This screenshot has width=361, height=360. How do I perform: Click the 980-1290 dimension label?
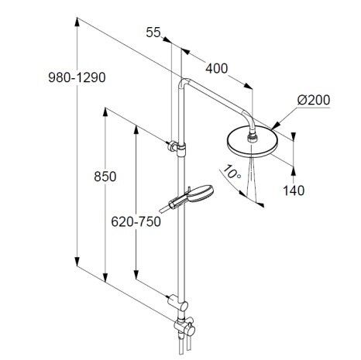pyautogui.click(x=77, y=77)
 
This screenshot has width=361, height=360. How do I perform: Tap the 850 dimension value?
pyautogui.click(x=105, y=177)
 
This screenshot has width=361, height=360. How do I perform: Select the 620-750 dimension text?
pyautogui.click(x=136, y=221)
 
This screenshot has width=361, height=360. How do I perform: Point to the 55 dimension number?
pyautogui.click(x=153, y=33)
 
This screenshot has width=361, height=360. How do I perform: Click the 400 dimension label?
pyautogui.click(x=217, y=69)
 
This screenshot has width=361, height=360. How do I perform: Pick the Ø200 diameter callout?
pyautogui.click(x=314, y=100)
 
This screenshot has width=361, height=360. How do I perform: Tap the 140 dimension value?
pyautogui.click(x=294, y=190)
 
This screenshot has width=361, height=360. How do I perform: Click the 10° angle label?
pyautogui.click(x=232, y=172)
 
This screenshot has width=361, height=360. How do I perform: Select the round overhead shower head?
pyautogui.click(x=249, y=144)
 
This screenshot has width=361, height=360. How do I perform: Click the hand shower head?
pyautogui.click(x=201, y=192)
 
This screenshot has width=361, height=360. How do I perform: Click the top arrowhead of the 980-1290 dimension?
pyautogui.click(x=77, y=22)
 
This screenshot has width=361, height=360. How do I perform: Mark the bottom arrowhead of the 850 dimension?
pyautogui.click(x=105, y=278)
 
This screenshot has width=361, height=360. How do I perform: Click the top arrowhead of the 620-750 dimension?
pyautogui.click(x=136, y=129)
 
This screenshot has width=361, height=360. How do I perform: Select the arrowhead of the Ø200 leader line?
pyautogui.click(x=274, y=125)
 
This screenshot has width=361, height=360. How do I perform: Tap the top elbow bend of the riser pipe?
pyautogui.click(x=184, y=83)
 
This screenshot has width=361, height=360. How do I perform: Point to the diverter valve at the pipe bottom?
pyautogui.click(x=185, y=327)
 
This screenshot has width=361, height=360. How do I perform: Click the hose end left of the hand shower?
pyautogui.click(x=163, y=209)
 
